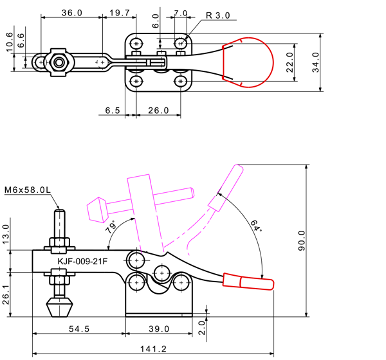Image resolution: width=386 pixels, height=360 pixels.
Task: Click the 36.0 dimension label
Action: [71, 13]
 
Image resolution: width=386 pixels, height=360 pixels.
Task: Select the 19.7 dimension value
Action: [120, 13]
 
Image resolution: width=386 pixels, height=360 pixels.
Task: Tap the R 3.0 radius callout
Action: [218, 15]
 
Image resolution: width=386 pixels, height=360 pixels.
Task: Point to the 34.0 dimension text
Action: [315, 62]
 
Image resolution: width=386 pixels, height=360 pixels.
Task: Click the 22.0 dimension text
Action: [290, 62]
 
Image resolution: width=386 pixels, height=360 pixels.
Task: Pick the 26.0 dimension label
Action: [158, 111]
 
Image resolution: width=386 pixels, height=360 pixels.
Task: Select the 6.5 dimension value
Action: [113, 111]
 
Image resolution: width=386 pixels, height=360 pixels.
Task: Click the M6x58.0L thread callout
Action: [28, 190]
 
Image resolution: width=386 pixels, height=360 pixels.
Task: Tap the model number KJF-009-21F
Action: [82, 261]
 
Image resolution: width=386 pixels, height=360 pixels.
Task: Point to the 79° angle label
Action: [111, 227]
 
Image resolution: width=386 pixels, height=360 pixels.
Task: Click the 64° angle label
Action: [256, 226]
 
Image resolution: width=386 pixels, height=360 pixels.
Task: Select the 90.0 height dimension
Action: [302, 240]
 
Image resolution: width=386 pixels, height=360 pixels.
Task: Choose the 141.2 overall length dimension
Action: [153, 348]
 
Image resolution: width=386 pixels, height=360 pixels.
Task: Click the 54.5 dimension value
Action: [79, 328]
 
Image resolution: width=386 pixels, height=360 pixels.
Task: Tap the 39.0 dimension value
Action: [159, 328]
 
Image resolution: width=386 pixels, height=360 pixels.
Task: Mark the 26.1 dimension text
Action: [6, 294]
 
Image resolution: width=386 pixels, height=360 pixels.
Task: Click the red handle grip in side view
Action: [248, 282]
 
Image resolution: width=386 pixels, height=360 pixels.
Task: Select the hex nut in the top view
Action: [59, 62]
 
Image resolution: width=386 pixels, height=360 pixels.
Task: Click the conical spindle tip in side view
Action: [59, 307]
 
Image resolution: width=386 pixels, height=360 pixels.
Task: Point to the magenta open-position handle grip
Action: [226, 188]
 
